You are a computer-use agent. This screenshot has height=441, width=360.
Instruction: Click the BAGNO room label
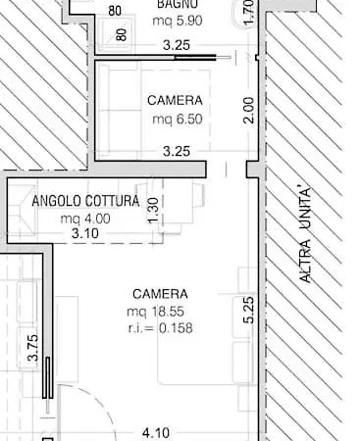178,4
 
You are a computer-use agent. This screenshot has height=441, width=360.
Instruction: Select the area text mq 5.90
178,21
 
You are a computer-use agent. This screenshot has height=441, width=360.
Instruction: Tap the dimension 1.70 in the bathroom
249,12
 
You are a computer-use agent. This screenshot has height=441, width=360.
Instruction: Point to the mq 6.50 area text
178,119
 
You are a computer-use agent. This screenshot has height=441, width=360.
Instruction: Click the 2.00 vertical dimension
249,110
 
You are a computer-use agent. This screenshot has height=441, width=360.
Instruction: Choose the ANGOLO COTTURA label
85,201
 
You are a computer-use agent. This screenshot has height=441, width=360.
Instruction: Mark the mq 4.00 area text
85,219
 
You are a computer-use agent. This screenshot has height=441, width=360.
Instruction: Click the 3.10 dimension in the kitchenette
85,233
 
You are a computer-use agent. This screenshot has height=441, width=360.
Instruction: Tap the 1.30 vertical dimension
153,211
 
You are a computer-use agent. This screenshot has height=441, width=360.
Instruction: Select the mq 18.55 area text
156,312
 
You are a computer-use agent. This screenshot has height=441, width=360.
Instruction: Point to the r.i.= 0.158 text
160,328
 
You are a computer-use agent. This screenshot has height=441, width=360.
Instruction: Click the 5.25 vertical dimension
249,310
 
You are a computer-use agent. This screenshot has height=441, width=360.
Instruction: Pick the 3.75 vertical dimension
33,348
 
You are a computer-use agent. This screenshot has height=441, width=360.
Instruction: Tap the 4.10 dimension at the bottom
156,433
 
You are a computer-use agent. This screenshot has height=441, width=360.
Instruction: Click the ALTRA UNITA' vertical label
305,235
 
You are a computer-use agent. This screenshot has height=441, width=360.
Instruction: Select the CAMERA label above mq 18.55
161,294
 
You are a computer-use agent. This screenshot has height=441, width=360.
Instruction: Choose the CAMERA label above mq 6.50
175,100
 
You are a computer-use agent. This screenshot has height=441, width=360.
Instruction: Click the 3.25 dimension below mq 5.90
177,45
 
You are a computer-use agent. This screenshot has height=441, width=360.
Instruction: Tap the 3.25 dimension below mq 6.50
177,151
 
